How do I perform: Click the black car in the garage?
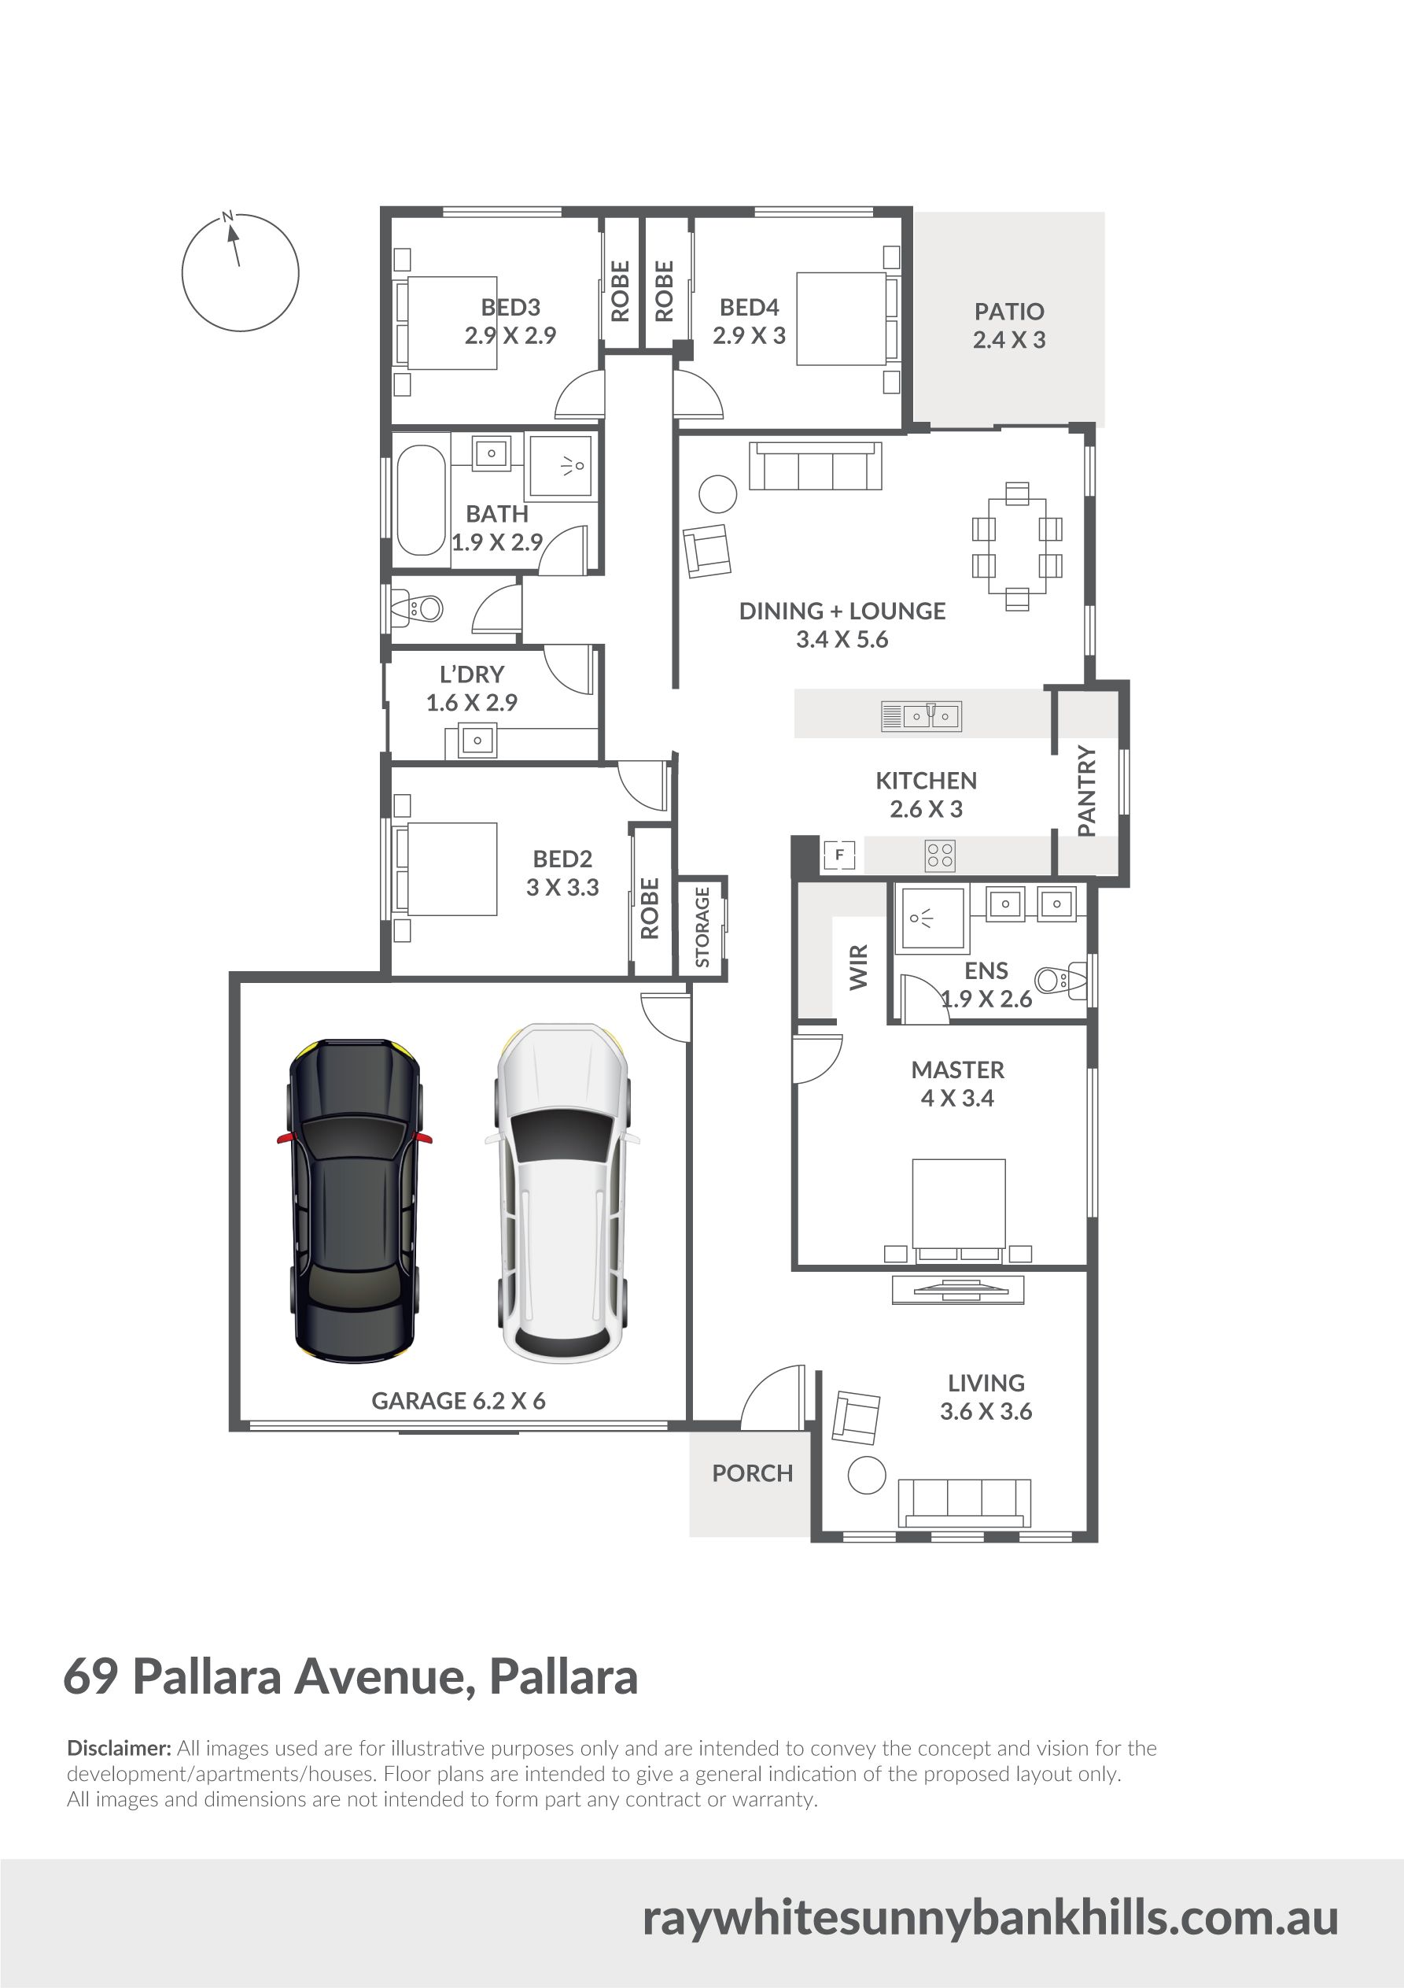(354, 1200)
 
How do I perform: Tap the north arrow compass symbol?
(240, 272)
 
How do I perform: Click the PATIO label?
(1009, 311)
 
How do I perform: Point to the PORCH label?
(752, 1473)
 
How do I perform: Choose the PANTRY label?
(1087, 790)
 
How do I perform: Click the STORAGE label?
(702, 926)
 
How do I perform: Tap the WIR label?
(859, 967)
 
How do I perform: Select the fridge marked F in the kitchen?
(838, 855)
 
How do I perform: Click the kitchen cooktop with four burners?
(940, 855)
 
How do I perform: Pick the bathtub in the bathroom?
(421, 501)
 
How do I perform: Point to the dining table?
(1017, 546)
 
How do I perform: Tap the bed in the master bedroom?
(959, 1210)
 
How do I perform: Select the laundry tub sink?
(477, 741)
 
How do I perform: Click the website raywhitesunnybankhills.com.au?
(990, 1918)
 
